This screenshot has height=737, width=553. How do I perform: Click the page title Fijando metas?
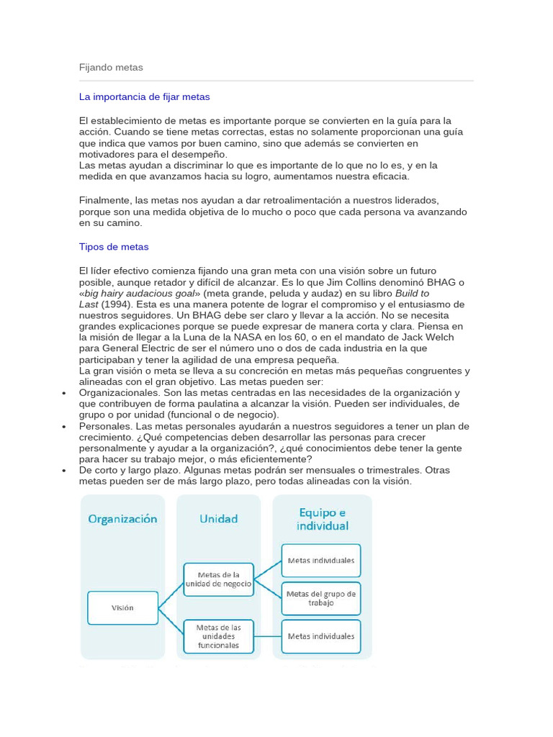click(x=111, y=68)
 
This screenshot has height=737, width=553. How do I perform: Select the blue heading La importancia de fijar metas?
click(x=144, y=96)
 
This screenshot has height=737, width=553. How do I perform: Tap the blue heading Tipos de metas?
click(x=114, y=247)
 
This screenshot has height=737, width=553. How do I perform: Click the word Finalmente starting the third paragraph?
click(x=104, y=199)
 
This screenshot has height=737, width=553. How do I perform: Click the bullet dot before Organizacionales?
click(x=64, y=393)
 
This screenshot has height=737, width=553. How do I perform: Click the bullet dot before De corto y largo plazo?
click(x=64, y=471)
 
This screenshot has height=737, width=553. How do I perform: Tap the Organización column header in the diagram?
click(x=122, y=518)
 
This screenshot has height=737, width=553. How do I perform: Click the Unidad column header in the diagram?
click(x=218, y=518)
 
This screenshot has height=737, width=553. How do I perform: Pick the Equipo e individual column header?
click(x=322, y=518)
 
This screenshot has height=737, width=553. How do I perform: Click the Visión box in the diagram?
click(x=122, y=607)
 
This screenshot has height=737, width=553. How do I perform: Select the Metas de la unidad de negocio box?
click(x=218, y=579)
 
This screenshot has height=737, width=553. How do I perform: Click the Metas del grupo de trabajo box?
click(x=321, y=598)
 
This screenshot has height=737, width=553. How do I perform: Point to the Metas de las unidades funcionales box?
click(x=218, y=636)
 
